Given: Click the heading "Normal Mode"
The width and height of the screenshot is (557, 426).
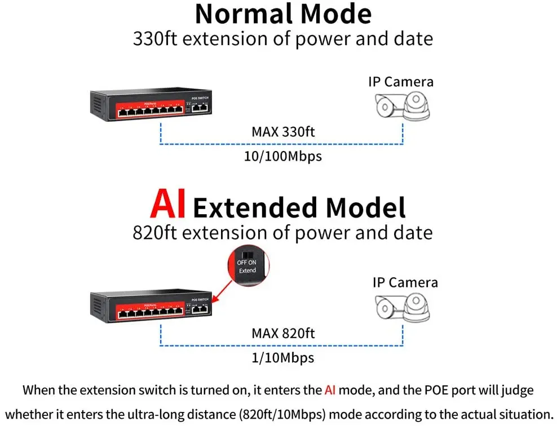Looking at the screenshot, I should (283, 14).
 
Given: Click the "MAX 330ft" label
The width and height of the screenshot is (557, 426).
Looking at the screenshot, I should (283, 132).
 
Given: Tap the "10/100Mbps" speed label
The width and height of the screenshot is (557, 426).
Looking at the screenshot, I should (283, 156).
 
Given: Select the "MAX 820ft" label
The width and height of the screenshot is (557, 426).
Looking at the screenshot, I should (283, 333).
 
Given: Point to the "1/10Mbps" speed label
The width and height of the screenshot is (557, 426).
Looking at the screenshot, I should (283, 357).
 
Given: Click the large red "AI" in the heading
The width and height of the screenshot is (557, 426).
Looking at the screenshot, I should (168, 206).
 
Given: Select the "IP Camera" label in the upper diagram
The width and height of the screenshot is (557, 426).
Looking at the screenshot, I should (401, 82).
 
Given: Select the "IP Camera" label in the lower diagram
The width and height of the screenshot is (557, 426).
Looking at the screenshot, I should (405, 282).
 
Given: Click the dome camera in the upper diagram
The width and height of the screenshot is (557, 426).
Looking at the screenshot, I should (416, 105).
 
